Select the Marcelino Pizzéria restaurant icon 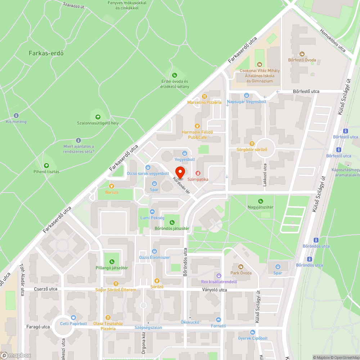click(204, 96)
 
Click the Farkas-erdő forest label click(46, 53)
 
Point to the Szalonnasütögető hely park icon click(98, 117)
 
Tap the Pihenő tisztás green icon click(46, 166)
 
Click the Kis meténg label click(16, 122)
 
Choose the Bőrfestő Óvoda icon click(302, 54)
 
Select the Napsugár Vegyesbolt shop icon click(246, 95)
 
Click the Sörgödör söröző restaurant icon click(252, 143)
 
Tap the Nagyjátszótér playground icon click(260, 201)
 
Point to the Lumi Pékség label click(152, 218)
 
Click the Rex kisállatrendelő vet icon click(219, 275)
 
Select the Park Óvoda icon click(241, 267)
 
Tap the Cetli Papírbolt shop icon click(73, 318)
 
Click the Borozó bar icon click(112, 186)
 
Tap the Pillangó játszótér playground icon click(112, 262)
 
